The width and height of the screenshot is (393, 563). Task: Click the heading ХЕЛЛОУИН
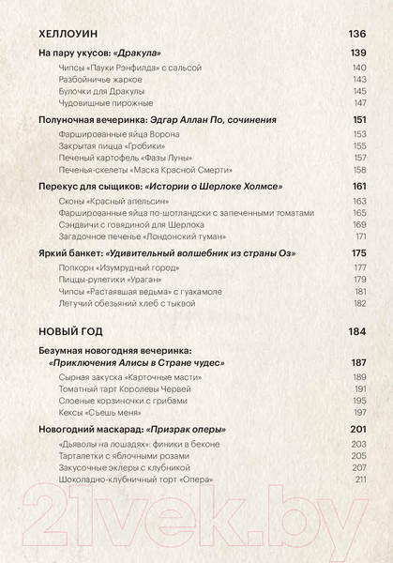(67, 35)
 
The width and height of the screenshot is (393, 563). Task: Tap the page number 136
(357, 35)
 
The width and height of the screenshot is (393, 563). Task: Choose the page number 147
(359, 103)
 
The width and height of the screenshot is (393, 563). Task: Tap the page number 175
(357, 253)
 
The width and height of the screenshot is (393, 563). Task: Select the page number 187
(357, 361)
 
